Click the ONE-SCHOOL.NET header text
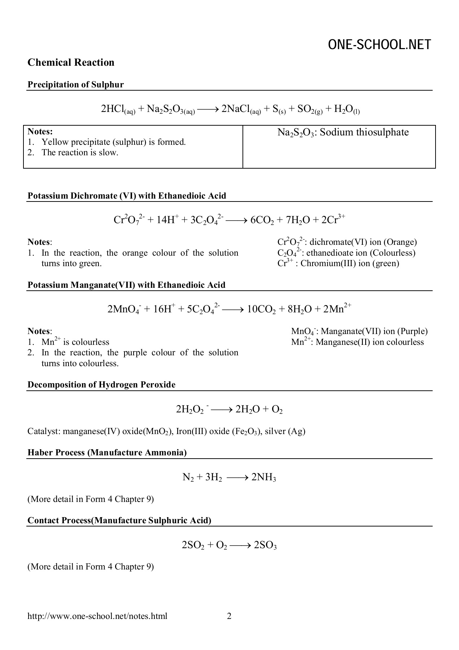pyautogui.click(x=379, y=45)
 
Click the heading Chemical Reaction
pyautogui.click(x=71, y=62)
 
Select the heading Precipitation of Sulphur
pyautogui.click(x=75, y=84)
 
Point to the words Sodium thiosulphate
pyautogui.click(x=364, y=132)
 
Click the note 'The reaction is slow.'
pyautogui.click(x=80, y=152)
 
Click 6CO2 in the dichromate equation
pyautogui.click(x=262, y=220)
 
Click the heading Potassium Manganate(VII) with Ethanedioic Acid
pyautogui.click(x=126, y=285)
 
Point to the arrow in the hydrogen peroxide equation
pyautogui.click(x=220, y=409)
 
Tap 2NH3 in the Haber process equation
pyautogui.click(x=264, y=478)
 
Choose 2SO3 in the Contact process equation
pyautogui.click(x=265, y=546)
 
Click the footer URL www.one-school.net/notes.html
pyautogui.click(x=97, y=616)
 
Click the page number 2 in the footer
pyautogui.click(x=229, y=616)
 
